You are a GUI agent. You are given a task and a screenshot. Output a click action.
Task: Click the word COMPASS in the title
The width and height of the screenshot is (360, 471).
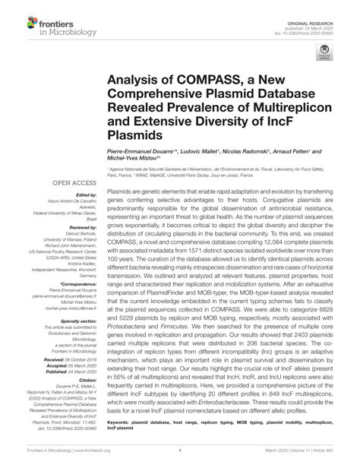[185, 77]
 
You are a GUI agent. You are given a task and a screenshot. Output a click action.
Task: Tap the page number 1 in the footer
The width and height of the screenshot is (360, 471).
[179, 461]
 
